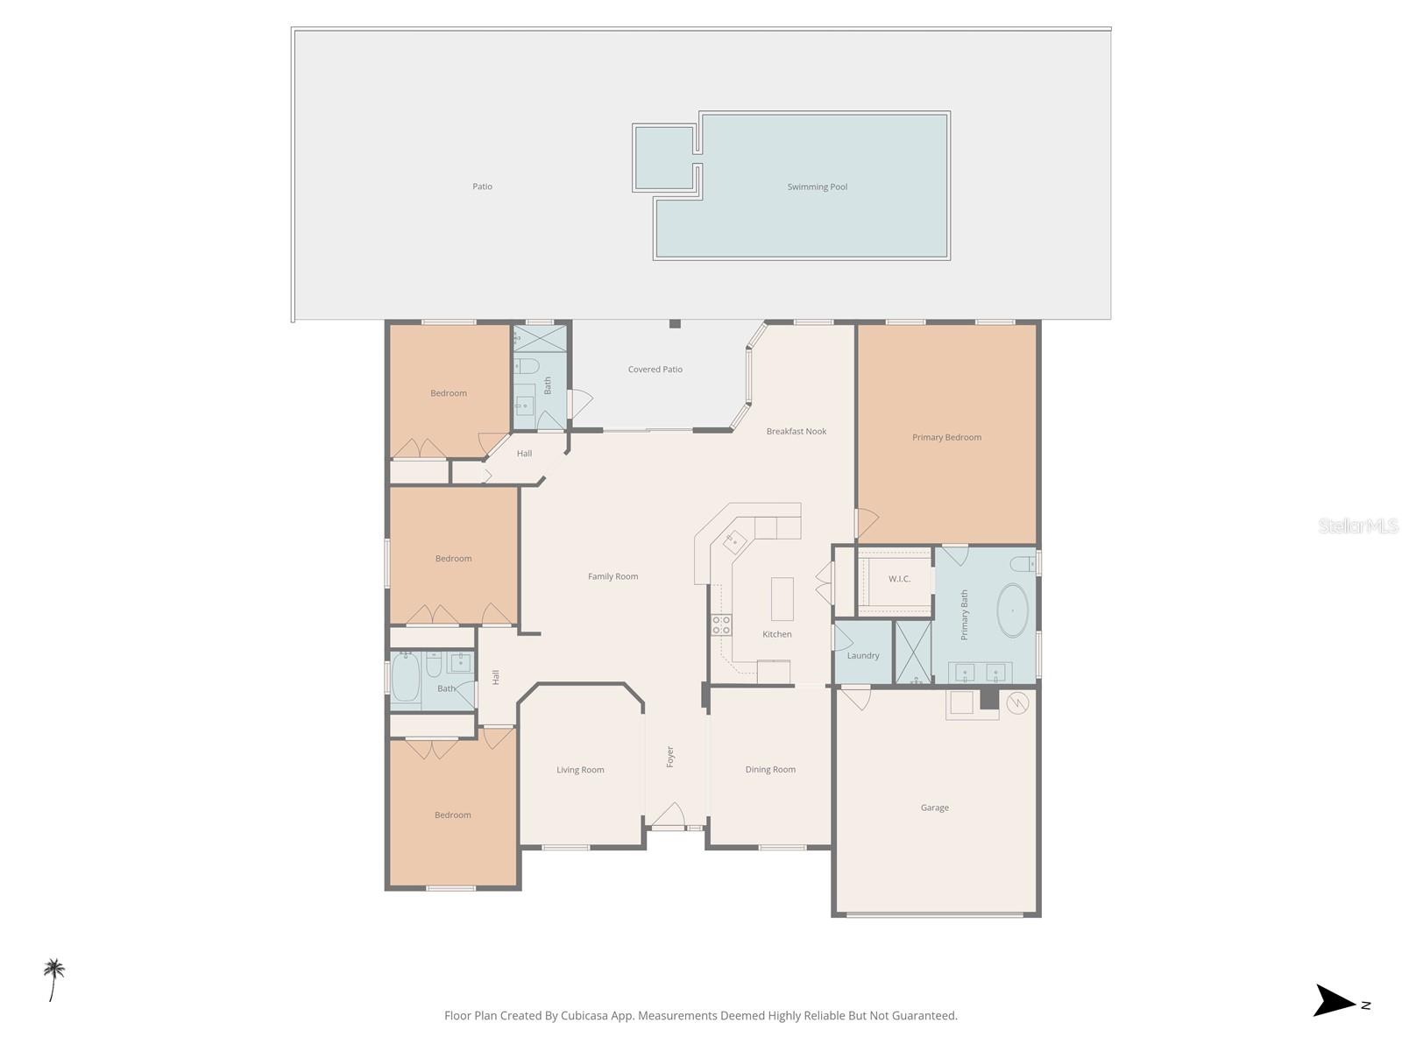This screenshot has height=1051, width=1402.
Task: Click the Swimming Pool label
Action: (x=817, y=187)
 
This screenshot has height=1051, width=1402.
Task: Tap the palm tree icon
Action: (x=53, y=978)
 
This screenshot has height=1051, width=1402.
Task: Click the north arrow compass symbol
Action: (x=1335, y=1001)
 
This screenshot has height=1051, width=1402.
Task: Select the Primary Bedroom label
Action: (x=946, y=437)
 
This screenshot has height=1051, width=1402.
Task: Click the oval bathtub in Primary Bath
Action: (x=1012, y=610)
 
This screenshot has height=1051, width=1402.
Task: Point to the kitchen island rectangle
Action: (x=782, y=599)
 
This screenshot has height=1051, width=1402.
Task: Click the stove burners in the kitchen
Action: (x=721, y=625)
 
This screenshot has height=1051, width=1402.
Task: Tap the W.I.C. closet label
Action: (x=899, y=579)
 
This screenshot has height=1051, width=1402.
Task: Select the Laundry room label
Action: (x=862, y=655)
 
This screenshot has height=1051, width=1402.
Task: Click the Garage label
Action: (x=934, y=808)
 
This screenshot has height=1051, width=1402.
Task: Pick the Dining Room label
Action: (x=770, y=770)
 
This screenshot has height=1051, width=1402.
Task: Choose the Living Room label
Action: (x=580, y=770)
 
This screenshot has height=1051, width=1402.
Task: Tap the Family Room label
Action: (x=612, y=576)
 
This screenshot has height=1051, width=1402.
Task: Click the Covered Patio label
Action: (x=655, y=370)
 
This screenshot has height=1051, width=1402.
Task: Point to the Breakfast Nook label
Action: (x=796, y=431)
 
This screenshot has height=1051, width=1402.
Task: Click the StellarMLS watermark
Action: (x=1357, y=525)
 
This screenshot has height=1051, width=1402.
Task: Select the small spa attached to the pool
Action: (x=665, y=158)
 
